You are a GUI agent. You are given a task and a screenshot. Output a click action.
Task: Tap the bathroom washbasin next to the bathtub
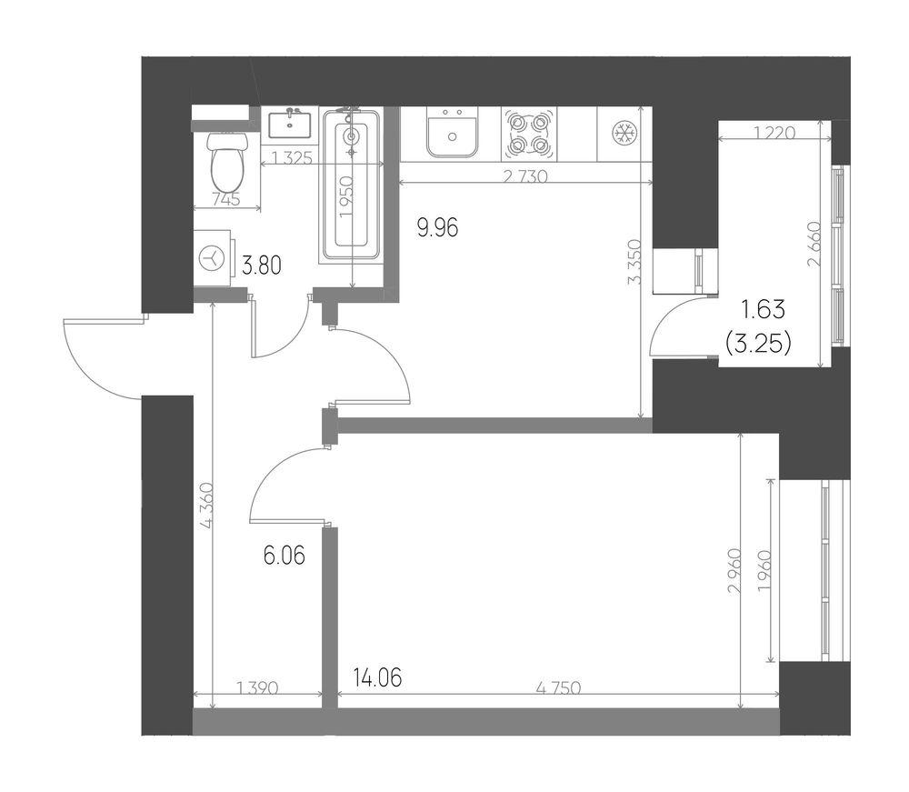pyautogui.click(x=289, y=123)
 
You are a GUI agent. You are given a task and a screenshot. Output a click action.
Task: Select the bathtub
pyautogui.click(x=351, y=184)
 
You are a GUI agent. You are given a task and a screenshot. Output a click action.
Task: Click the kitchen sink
pyautogui.click(x=452, y=134)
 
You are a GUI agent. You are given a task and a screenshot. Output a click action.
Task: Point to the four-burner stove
pyautogui.click(x=529, y=135)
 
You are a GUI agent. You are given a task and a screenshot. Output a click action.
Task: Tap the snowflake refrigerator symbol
pyautogui.click(x=625, y=133)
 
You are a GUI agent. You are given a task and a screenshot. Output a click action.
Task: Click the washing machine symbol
pyautogui.click(x=212, y=258)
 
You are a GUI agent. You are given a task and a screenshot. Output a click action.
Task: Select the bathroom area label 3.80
pyautogui.click(x=262, y=266)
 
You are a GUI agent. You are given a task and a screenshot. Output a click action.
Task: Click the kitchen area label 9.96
pyautogui.click(x=438, y=228)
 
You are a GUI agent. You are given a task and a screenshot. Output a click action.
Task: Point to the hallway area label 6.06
pyautogui.click(x=284, y=556)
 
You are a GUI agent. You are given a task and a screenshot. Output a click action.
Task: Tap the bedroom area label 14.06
pyautogui.click(x=377, y=677)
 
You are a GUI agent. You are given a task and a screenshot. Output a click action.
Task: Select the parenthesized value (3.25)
pyautogui.click(x=759, y=344)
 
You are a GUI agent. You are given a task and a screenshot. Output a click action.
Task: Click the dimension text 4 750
pyautogui.click(x=558, y=688)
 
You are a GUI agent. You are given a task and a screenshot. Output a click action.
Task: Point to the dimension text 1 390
pyautogui.click(x=258, y=688)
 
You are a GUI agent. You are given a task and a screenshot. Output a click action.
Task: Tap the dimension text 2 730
pyautogui.click(x=525, y=175)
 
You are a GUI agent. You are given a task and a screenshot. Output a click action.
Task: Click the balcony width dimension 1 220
pyautogui.click(x=775, y=133)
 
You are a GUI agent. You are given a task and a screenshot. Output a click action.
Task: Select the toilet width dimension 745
pyautogui.click(x=226, y=200)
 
